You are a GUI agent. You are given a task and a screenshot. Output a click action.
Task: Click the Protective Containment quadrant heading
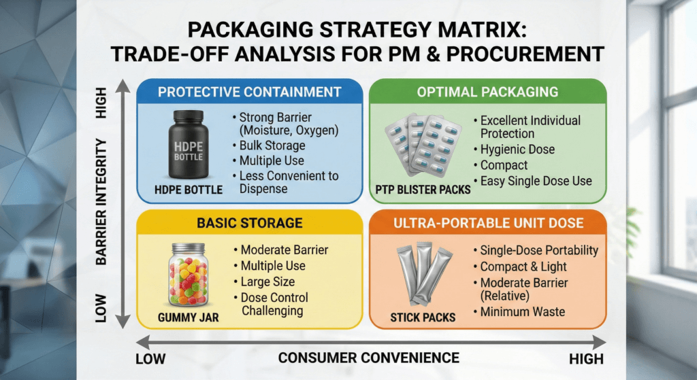tap(249, 92)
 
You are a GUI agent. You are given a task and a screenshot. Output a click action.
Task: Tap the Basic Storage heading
tap(249, 222)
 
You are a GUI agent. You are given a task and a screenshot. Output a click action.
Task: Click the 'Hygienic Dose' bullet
tap(517, 150)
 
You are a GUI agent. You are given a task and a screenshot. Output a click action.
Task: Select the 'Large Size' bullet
tap(268, 281)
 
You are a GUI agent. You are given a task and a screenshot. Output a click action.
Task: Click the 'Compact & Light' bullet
tap(523, 266)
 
